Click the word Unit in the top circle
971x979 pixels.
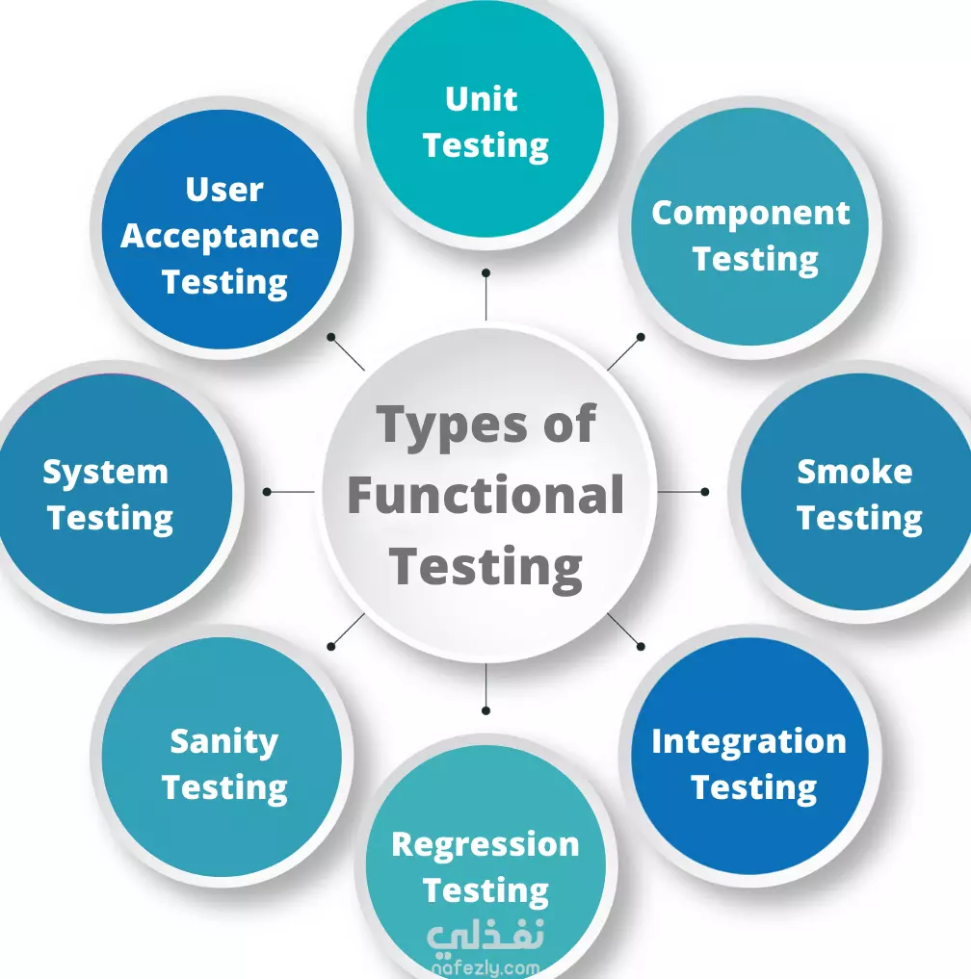pyautogui.click(x=481, y=99)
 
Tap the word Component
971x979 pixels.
pyautogui.click(x=750, y=214)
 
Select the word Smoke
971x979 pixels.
pyautogui.click(x=854, y=472)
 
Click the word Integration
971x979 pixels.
pyautogui.click(x=748, y=743)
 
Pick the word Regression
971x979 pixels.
pyautogui.click(x=485, y=846)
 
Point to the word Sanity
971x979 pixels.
pyautogui.click(x=223, y=743)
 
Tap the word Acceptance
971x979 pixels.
pyautogui.click(x=220, y=237)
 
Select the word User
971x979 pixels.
pyautogui.click(x=224, y=190)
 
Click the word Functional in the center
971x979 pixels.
pyautogui.click(x=485, y=495)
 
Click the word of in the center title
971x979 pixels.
pyautogui.click(x=569, y=424)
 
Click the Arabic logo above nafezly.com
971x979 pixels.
pyautogui.click(x=485, y=938)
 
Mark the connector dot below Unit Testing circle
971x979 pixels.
pyautogui.click(x=485, y=272)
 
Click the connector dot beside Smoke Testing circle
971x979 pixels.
pyautogui.click(x=705, y=492)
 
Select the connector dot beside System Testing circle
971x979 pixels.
pyautogui.click(x=267, y=492)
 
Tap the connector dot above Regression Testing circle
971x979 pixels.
pyautogui.click(x=485, y=710)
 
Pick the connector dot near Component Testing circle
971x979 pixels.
pyautogui.click(x=641, y=337)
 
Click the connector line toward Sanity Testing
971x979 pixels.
pyautogui.click(x=348, y=630)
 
